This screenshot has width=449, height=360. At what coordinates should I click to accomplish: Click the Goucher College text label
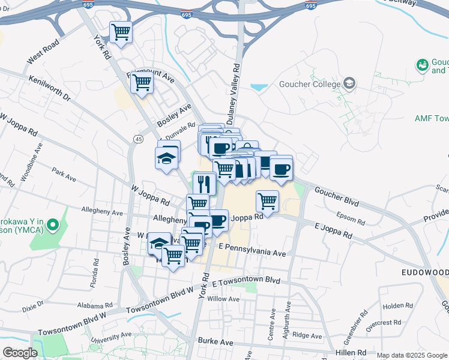pyautogui.click(x=309, y=84)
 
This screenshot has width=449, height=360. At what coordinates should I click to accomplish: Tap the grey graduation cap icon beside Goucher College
pyautogui.click(x=350, y=83)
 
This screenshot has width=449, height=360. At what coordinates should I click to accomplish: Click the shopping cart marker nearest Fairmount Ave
pyautogui.click(x=142, y=83)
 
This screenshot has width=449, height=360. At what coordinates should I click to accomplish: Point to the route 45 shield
pyautogui.click(x=139, y=139)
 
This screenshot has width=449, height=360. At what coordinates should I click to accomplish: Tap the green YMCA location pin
pyautogui.click(x=53, y=226)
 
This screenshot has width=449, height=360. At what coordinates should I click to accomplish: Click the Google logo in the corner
pyautogui.click(x=20, y=353)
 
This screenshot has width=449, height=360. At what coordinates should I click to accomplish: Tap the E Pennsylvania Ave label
pyautogui.click(x=252, y=250)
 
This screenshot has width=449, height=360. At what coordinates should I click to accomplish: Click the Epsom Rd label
pyautogui.click(x=351, y=218)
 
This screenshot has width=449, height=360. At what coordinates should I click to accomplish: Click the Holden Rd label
pyautogui.click(x=398, y=306)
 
